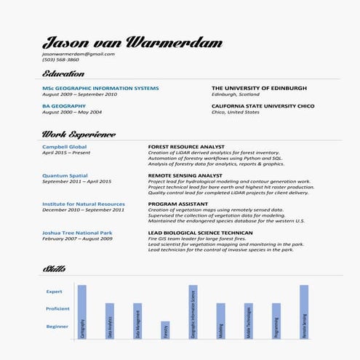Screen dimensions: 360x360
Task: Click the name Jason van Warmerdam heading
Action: click(x=132, y=42)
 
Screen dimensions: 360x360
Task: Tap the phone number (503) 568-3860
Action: click(x=60, y=60)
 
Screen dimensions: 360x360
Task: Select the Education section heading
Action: click(x=63, y=74)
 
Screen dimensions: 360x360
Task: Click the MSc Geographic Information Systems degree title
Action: click(x=100, y=88)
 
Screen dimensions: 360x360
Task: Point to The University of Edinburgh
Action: click(x=259, y=88)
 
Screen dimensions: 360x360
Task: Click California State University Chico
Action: click(x=263, y=106)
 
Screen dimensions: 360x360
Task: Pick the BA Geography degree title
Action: click(x=65, y=106)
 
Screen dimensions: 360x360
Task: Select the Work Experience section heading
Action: click(x=79, y=135)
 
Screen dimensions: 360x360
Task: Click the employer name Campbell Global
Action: click(x=64, y=147)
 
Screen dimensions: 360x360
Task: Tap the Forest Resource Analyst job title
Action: click(x=186, y=147)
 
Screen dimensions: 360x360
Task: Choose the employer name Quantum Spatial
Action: click(x=65, y=175)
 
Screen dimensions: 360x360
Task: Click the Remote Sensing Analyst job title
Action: click(x=185, y=175)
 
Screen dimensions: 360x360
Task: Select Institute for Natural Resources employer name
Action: click(x=84, y=204)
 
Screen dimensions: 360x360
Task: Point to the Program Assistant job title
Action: click(x=178, y=204)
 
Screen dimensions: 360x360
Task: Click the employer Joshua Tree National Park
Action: click(x=77, y=233)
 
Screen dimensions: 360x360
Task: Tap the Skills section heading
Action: click(x=54, y=269)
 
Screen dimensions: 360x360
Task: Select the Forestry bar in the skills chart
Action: click(x=165, y=330)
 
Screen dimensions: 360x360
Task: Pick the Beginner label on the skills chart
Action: click(x=57, y=327)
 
